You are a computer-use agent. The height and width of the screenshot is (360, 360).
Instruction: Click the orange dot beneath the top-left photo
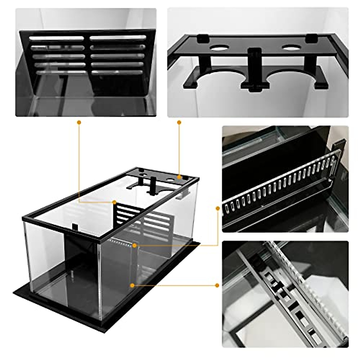click(x=79, y=122)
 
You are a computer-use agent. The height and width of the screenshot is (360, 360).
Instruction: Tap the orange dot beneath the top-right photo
click(x=179, y=122)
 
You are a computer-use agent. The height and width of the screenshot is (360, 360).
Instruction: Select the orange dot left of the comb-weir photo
click(x=218, y=208)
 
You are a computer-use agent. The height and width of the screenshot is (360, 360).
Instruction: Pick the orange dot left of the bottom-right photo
click(x=217, y=285)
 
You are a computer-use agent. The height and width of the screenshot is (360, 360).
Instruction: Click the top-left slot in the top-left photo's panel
click(x=56, y=38)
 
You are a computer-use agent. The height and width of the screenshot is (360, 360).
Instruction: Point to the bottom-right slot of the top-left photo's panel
click(x=117, y=72)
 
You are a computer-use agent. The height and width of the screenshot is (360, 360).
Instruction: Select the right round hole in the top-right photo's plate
click(x=292, y=48)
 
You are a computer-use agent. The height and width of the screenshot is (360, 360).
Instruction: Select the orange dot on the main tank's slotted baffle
click(x=114, y=202)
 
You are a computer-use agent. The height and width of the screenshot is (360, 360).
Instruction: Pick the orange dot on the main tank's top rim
click(x=179, y=177)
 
